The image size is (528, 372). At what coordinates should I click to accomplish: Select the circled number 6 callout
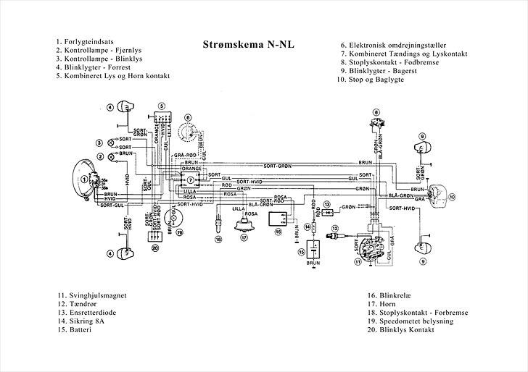[x=187, y=117]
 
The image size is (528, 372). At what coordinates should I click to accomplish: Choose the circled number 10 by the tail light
[x=450, y=196]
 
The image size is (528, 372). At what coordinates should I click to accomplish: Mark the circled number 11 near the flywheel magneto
[x=358, y=262]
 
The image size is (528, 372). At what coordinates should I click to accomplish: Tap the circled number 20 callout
[x=155, y=248]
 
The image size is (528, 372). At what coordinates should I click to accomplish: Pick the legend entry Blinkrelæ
[x=395, y=295]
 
